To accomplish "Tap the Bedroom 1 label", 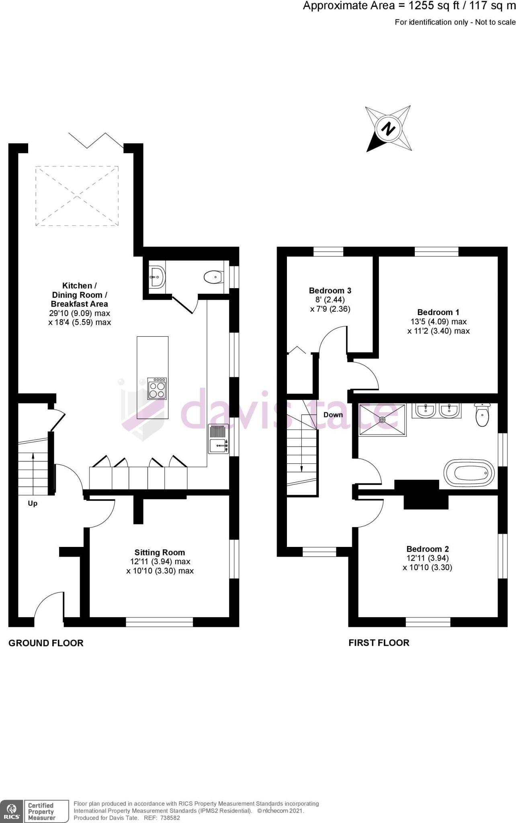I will tap(438, 312).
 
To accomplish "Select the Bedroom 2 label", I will tap(427, 549).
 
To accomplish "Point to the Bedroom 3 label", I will tap(330, 291).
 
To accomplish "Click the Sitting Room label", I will tap(160, 553).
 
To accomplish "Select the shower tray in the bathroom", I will tap(382, 420).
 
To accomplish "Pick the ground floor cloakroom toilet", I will tap(213, 276).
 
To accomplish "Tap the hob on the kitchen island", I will tap(157, 389).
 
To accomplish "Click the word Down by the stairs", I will tap(333, 415).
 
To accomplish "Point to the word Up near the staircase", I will tap(33, 504).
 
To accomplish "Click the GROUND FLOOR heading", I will tap(46, 643).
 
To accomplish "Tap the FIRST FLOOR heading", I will tap(379, 643).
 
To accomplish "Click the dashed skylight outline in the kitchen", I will tap(77, 196).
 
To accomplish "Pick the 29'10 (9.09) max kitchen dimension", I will tap(80, 313).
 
